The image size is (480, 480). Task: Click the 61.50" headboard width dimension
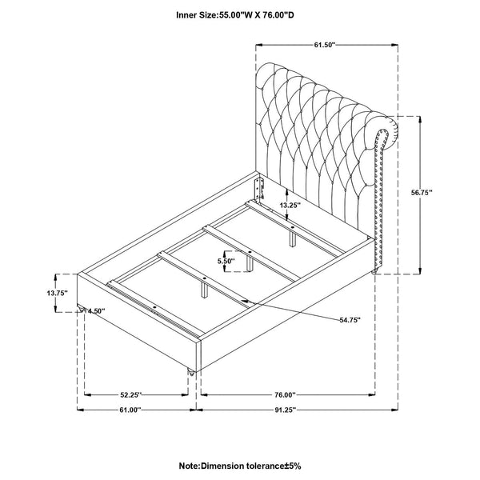pyautogui.click(x=325, y=45)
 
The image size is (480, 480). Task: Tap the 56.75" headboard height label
pyautogui.click(x=422, y=192)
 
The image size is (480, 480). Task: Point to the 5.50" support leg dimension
pyautogui.click(x=226, y=261)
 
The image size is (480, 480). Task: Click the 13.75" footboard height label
pyautogui.click(x=58, y=293)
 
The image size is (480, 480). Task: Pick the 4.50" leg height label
pyautogui.click(x=96, y=311)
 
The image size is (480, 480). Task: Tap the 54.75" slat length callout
pyautogui.click(x=350, y=320)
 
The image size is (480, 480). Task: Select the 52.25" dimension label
pyautogui.click(x=130, y=395)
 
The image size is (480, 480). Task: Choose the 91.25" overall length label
pyautogui.click(x=285, y=410)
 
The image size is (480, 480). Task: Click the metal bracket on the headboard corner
pyautogui.click(x=259, y=188)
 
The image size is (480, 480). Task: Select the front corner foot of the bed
pyautogui.click(x=191, y=373)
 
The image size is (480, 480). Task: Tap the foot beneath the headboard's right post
pyautogui.click(x=374, y=271)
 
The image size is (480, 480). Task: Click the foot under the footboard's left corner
pyautogui.click(x=81, y=308)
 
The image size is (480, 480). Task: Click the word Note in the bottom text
pyautogui.click(x=189, y=466)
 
